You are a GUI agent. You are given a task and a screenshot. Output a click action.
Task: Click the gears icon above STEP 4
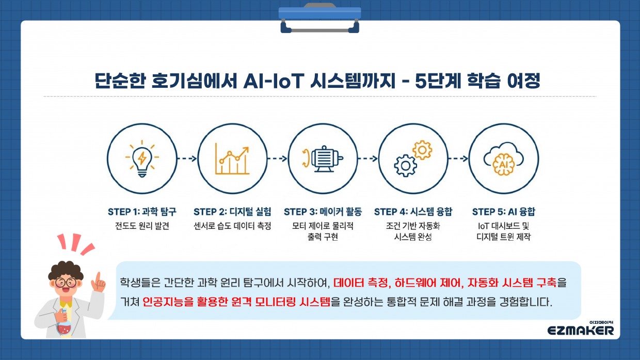coord(413,159)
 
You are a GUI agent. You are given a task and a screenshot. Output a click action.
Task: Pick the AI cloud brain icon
coord(504,159)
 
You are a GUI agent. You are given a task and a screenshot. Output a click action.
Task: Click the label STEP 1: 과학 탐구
coord(142,212)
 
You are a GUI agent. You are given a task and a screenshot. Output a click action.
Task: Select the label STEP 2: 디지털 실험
coord(232,212)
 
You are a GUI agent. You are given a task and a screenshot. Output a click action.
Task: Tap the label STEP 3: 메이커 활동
coord(323,212)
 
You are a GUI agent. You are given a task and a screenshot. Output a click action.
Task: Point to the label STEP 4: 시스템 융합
coord(413,212)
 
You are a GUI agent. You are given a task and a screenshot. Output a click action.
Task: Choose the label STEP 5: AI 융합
coord(504,212)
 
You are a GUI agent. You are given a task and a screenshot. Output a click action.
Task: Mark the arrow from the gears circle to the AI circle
coord(458,159)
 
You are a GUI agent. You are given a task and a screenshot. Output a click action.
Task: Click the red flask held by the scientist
coord(65,325)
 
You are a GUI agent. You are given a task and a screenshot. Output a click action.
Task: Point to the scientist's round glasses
coord(66,282)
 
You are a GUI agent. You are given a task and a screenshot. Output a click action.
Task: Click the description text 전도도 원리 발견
coord(142,226)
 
